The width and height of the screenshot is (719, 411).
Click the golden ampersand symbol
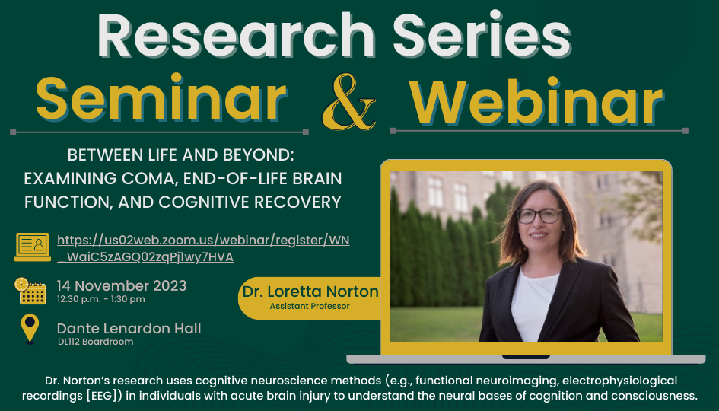coord(349,102)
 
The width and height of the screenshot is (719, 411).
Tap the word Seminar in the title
coord(161,99)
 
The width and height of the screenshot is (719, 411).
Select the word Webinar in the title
coord(536,101)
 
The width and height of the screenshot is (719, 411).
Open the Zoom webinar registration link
coord(203,248)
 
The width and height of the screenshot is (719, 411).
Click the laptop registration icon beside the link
coord(33,247)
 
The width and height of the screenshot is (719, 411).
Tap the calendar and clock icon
coord(30,291)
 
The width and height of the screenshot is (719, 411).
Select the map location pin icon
coord(30,329)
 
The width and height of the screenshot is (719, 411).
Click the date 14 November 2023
coord(122,285)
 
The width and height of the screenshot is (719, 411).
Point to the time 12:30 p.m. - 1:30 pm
coord(101,299)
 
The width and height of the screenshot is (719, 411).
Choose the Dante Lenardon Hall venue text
coord(129,329)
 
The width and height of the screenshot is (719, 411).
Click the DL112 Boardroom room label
coord(95,342)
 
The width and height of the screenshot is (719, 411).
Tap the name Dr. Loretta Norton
coord(310,292)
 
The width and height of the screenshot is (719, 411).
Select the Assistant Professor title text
coord(310,306)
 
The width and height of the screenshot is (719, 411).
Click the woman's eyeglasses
coord(539,215)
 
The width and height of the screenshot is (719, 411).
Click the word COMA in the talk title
coord(148,178)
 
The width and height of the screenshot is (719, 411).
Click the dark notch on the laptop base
coord(526,356)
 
